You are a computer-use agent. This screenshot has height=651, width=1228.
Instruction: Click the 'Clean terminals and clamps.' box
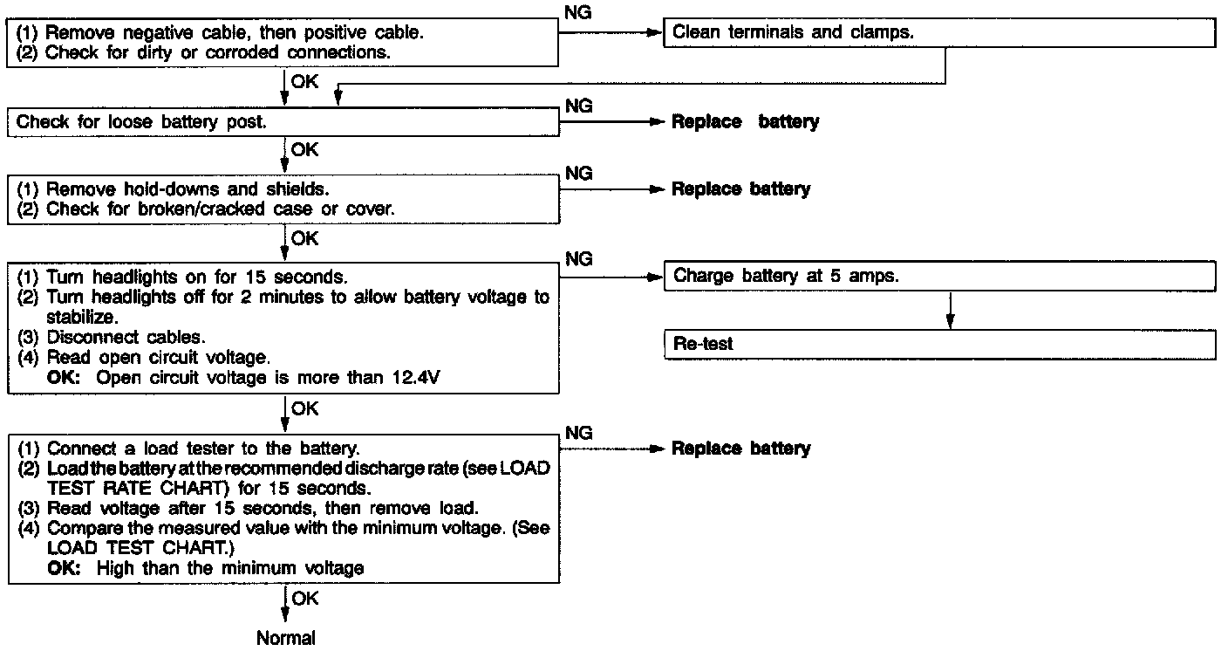[x=938, y=33]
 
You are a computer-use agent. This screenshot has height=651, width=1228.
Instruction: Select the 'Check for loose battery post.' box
[x=283, y=122]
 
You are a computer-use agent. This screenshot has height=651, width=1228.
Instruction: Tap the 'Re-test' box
[x=938, y=345]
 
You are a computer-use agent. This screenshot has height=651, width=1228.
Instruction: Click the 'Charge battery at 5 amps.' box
[x=938, y=276]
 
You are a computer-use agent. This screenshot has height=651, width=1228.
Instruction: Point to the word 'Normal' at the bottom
[x=286, y=638]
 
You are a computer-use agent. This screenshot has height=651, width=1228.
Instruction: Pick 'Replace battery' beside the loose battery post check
[x=745, y=122]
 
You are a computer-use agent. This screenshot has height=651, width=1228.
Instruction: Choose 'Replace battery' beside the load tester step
[x=740, y=449]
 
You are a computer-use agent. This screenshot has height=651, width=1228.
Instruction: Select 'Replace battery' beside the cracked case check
[x=740, y=188]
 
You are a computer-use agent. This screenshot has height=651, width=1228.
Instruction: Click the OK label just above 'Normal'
[x=305, y=599]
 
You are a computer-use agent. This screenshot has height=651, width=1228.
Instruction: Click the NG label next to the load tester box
[x=578, y=434]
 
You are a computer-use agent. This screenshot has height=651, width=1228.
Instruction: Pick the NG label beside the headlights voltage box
[x=578, y=259]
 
